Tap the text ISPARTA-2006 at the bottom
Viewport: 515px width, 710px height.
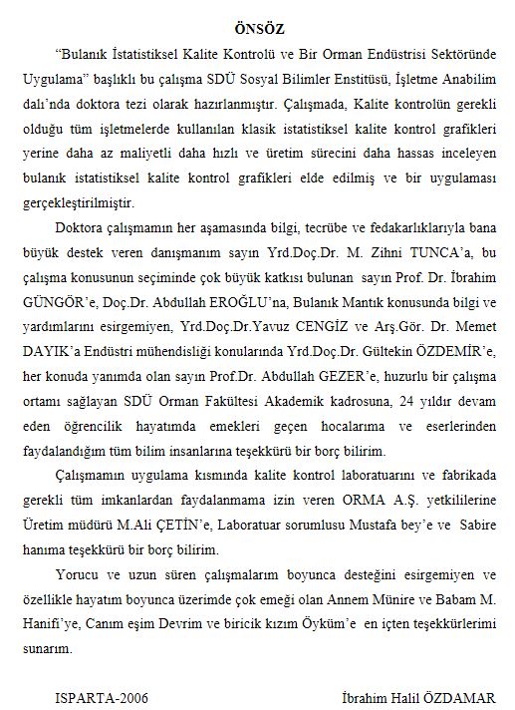[102, 698]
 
